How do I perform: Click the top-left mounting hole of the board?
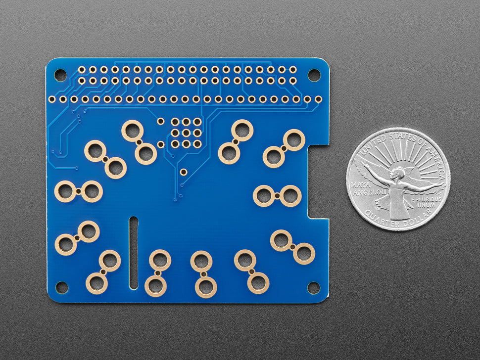(x=60, y=75)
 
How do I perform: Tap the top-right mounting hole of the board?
(x=314, y=75)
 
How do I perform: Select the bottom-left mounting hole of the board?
(x=61, y=287)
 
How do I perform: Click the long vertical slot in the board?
(x=134, y=252)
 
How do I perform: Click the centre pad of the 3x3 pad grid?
(x=186, y=133)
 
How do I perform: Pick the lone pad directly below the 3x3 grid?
(x=184, y=172)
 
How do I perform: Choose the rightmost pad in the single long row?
(x=318, y=99)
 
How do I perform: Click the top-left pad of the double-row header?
(x=82, y=69)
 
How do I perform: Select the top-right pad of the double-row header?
(x=292, y=69)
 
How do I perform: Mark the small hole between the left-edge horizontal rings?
(x=79, y=191)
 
